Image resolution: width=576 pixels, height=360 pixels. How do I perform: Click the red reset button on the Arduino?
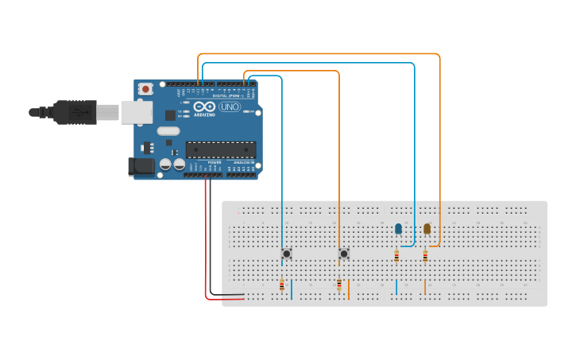(x=145, y=90)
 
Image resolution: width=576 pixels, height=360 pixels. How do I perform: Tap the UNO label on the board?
(x=230, y=106)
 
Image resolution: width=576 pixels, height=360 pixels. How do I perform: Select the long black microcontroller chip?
(x=221, y=149)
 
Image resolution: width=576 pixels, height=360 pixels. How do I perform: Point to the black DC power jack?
(x=141, y=167)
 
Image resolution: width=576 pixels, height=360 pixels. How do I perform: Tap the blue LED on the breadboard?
(x=399, y=229)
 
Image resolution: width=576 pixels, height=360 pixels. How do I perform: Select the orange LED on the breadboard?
(x=427, y=229)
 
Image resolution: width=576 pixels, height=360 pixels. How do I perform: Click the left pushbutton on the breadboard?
(x=287, y=254)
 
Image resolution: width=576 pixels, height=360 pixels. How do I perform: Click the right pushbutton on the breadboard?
(x=344, y=254)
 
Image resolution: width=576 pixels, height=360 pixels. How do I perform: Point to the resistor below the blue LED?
(x=396, y=256)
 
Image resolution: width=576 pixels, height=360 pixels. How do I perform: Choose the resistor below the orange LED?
(x=425, y=256)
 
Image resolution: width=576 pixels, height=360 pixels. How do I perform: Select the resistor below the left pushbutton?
(x=282, y=285)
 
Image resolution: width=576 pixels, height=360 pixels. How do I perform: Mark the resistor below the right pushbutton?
(x=339, y=285)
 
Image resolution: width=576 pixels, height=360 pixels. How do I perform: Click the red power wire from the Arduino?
(x=206, y=238)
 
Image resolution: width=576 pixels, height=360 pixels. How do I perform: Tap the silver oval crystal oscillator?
(x=168, y=131)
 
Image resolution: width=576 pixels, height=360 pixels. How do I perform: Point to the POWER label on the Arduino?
(x=214, y=162)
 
